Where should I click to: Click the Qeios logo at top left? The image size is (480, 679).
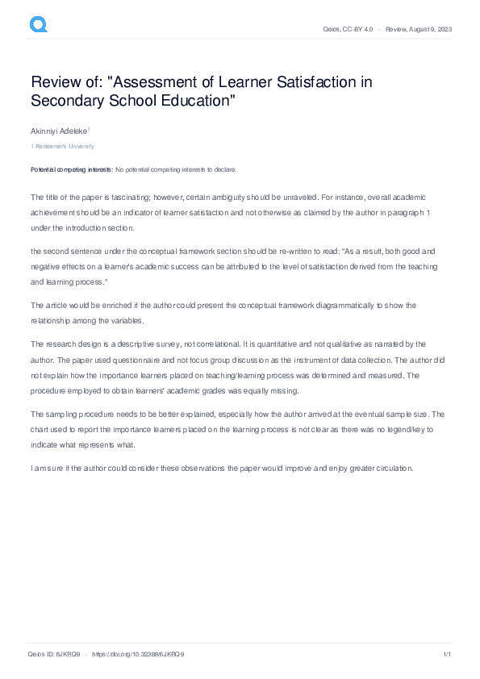pos(39,25)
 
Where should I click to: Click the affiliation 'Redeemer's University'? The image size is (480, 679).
pos(64,147)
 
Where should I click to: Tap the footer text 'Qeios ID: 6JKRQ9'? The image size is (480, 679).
pos(53,654)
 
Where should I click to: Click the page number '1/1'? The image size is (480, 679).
pos(446,654)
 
